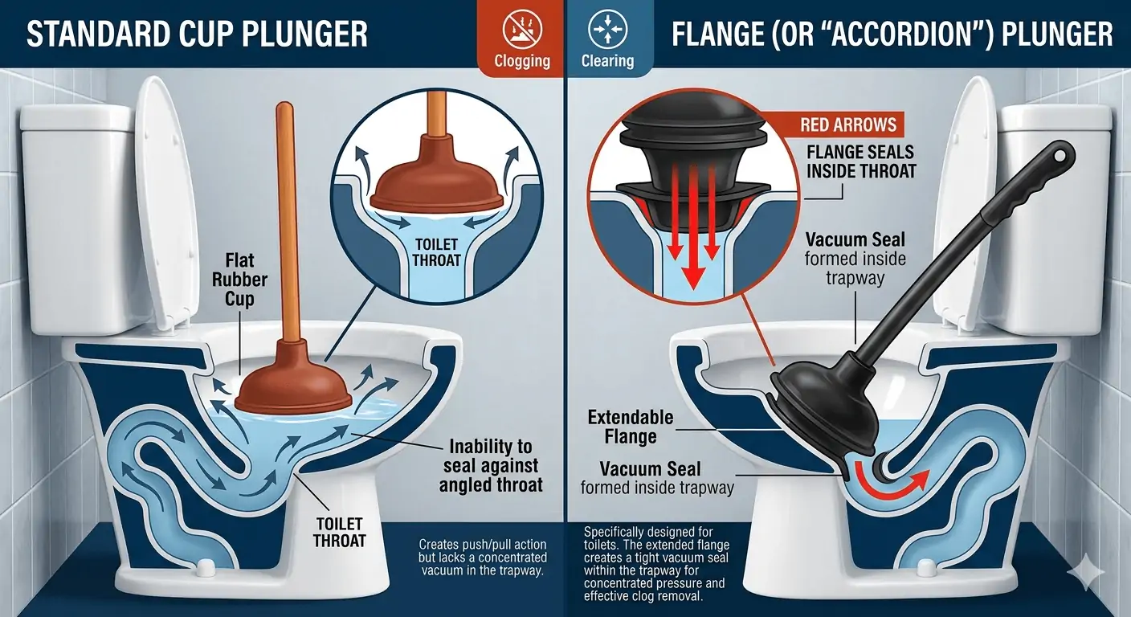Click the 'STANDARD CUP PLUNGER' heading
click(x=197, y=34)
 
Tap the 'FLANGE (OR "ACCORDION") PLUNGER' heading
click(x=892, y=34)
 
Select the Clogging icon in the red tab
click(x=522, y=29)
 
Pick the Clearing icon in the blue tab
click(x=608, y=29)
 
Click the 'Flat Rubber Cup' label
click(x=239, y=280)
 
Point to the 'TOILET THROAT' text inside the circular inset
click(x=436, y=252)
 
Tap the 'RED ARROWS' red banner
click(x=847, y=125)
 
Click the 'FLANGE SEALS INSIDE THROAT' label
click(x=861, y=161)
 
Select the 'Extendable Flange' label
click(x=630, y=427)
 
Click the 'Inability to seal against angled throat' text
click(x=490, y=465)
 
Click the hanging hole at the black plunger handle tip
click(x=1060, y=154)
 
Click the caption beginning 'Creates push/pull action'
click(x=483, y=558)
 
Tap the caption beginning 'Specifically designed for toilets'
click(x=656, y=564)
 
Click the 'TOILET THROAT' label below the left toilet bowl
click(x=339, y=532)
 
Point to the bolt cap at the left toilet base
click(x=203, y=568)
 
